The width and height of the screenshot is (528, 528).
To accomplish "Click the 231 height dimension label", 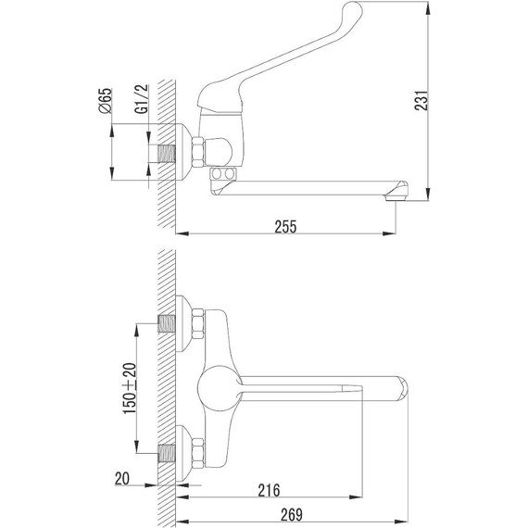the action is [421, 100].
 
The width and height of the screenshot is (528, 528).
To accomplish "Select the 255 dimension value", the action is [285, 227].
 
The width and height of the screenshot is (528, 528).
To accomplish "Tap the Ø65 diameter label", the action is [106, 101].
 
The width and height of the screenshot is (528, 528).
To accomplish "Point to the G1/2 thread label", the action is [142, 99].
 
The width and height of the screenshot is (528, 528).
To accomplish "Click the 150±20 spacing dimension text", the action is [130, 388].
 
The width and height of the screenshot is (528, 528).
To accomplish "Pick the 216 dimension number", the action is [269, 490].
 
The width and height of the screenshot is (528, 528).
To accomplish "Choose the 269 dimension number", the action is [292, 514].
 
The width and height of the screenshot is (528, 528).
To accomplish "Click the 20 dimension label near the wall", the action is [122, 478].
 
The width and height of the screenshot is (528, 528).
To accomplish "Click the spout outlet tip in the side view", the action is [396, 198].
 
